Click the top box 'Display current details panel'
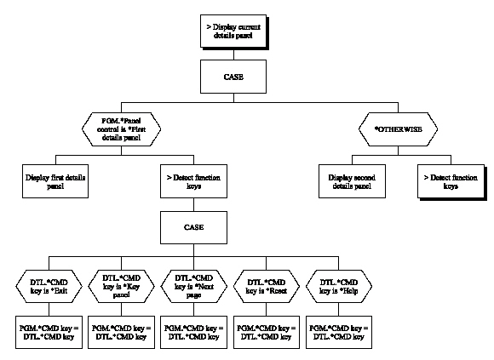pos(234,32)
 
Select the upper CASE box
pos(234,78)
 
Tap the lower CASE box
pos(194,229)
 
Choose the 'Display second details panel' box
pos(358,182)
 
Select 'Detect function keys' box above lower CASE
pos(194,182)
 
